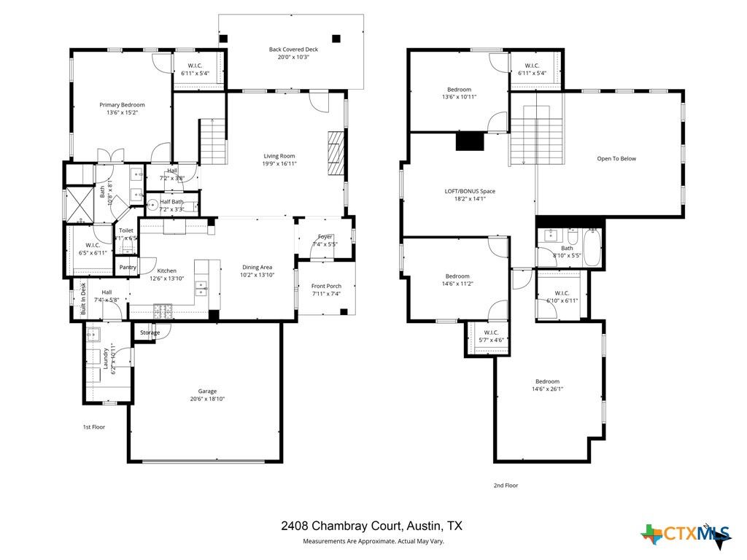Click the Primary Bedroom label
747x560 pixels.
[x=122, y=105]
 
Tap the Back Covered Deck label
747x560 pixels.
[x=293, y=50]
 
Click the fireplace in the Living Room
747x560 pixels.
[x=334, y=153]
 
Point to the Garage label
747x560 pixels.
[x=207, y=391]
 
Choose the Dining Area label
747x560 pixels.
[x=256, y=267]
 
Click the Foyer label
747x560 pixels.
[x=325, y=237]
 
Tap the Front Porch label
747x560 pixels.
[x=326, y=286]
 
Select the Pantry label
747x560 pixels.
[x=128, y=268]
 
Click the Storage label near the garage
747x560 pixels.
[x=150, y=332]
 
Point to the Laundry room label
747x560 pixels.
[x=106, y=359]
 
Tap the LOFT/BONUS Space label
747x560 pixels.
[x=470, y=191]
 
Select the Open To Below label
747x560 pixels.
[x=616, y=158]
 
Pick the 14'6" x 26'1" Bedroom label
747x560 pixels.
[x=547, y=381]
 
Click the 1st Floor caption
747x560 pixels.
[x=93, y=427]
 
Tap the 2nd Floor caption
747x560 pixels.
[x=506, y=485]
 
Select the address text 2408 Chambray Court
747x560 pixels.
[x=341, y=526]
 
